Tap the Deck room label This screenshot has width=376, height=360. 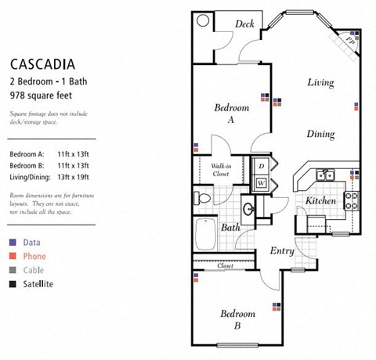pyautogui.click(x=244, y=25)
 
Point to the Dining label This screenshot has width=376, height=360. pyautogui.click(x=320, y=135)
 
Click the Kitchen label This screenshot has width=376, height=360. pyautogui.click(x=320, y=201)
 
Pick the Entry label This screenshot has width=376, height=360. pyautogui.click(x=281, y=251)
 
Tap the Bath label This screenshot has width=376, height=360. pyautogui.click(x=230, y=228)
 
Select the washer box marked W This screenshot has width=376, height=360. pyautogui.click(x=261, y=183)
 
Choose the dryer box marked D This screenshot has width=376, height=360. pyautogui.click(x=261, y=165)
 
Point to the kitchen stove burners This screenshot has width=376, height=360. pyautogui.click(x=351, y=199)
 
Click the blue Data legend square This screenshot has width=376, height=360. pyautogui.click(x=12, y=243)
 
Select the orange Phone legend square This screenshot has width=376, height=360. pyautogui.click(x=12, y=257)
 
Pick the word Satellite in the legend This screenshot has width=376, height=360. pyautogui.click(x=38, y=284)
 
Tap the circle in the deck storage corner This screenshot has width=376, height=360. pyautogui.click(x=202, y=21)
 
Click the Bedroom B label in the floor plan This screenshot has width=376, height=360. pyautogui.click(x=237, y=319)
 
